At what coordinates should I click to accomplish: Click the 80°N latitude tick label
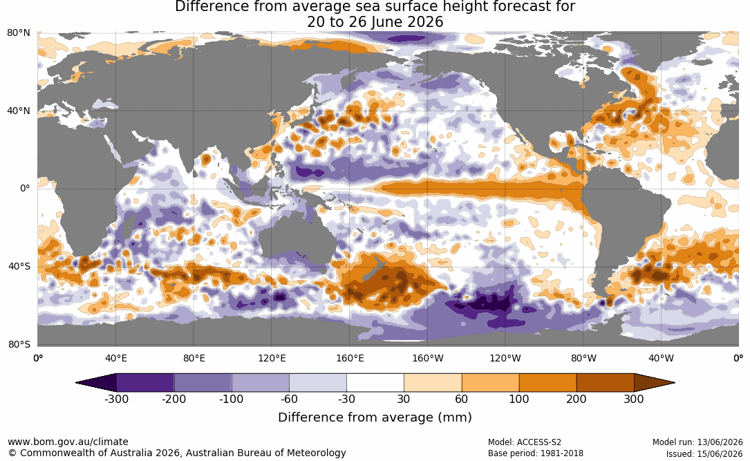pyautogui.click(x=19, y=33)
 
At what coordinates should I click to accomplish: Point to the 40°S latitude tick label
pyautogui.click(x=19, y=266)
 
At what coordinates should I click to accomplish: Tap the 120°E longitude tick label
pyautogui.click(x=272, y=358)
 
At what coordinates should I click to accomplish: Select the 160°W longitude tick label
pyautogui.click(x=428, y=358)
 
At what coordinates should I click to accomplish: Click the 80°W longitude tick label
pyautogui.click(x=583, y=358)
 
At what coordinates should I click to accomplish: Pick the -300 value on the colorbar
pyautogui.click(x=116, y=399)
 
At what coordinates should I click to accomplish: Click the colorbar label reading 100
pyautogui.click(x=519, y=399)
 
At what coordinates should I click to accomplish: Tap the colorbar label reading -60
pyautogui.click(x=289, y=399)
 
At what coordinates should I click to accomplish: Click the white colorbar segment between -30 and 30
pyautogui.click(x=375, y=383)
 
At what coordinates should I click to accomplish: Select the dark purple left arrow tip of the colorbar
pyautogui.click(x=77, y=383)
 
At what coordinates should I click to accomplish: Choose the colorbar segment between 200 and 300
pyautogui.click(x=605, y=383)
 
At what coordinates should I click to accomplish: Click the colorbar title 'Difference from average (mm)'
pyautogui.click(x=375, y=417)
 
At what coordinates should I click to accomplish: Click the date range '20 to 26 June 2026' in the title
pyautogui.click(x=375, y=22)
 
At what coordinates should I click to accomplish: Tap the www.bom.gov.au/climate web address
pyautogui.click(x=68, y=442)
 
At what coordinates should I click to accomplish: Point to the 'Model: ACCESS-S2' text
pyautogui.click(x=525, y=442)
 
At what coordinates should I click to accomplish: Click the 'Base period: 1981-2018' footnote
pyautogui.click(x=536, y=453)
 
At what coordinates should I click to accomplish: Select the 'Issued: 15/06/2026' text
pyautogui.click(x=704, y=453)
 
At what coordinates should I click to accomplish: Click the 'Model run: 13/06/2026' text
pyautogui.click(x=697, y=442)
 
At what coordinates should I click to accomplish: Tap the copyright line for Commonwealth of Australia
pyautogui.click(x=177, y=453)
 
